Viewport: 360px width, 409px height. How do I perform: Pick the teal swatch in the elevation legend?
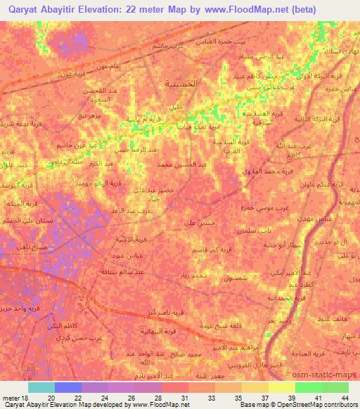coord(41,387)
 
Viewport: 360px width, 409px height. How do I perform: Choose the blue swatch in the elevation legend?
coord(67,387)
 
